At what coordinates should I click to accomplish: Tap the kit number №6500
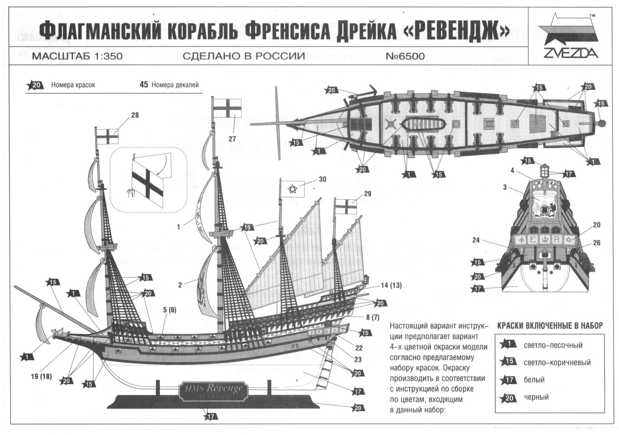point(405,56)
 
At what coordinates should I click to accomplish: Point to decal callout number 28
point(135,115)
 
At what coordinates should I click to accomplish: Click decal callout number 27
point(232,139)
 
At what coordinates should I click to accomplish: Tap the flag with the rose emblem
point(292,188)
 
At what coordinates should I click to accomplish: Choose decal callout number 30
point(322,179)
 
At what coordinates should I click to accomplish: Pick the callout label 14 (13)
point(391,285)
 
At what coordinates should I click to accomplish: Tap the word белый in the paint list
point(534,380)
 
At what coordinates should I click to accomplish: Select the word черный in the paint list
point(536,397)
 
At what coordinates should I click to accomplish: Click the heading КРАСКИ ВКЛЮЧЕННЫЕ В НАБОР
point(549,326)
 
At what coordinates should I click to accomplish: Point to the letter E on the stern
point(532,240)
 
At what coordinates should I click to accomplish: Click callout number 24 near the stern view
point(475,240)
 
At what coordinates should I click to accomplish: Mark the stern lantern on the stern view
point(545,170)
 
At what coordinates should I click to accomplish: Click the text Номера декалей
point(175,85)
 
